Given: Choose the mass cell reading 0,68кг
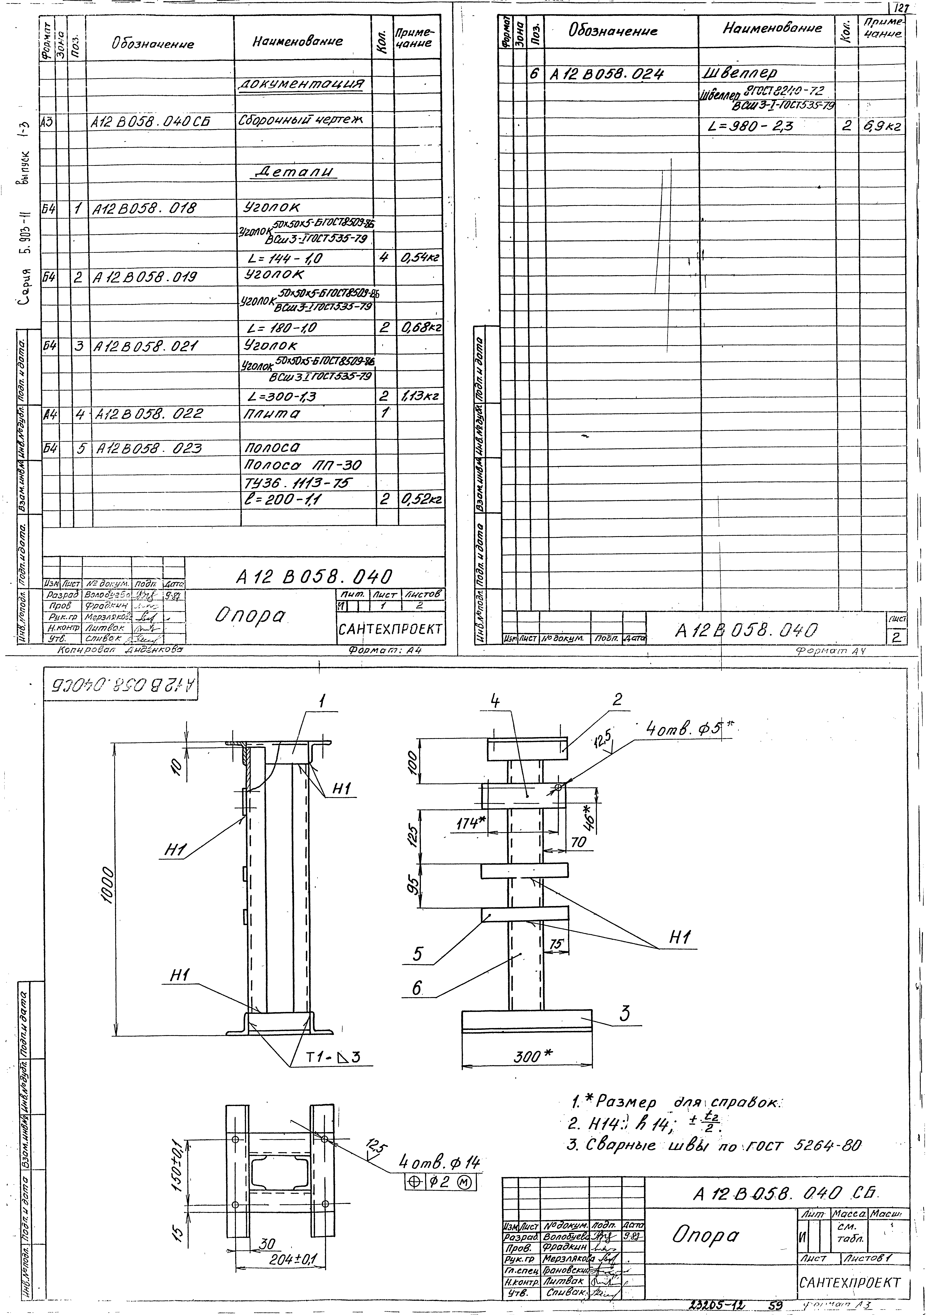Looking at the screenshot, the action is point(420,328).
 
